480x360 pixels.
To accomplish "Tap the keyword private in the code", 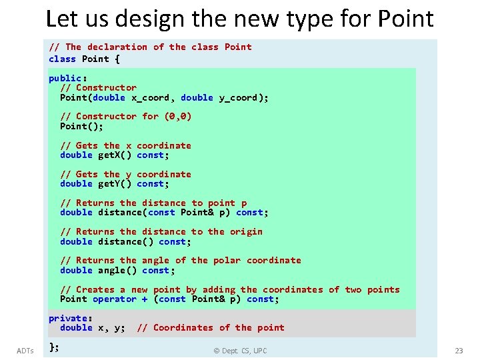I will coord(68,318).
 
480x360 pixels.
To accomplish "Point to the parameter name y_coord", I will coord(241,97).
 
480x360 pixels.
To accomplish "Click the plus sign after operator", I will coord(145,299).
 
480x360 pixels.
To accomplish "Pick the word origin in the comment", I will coord(246,231).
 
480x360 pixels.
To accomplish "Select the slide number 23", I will coord(459,351).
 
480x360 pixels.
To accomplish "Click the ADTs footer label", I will coord(26,351).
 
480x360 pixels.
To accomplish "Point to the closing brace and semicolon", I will coord(54,346).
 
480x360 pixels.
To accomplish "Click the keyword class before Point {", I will coord(63,59).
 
